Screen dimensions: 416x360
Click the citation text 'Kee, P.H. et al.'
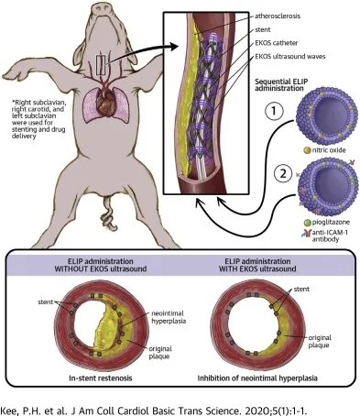point(40,402)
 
